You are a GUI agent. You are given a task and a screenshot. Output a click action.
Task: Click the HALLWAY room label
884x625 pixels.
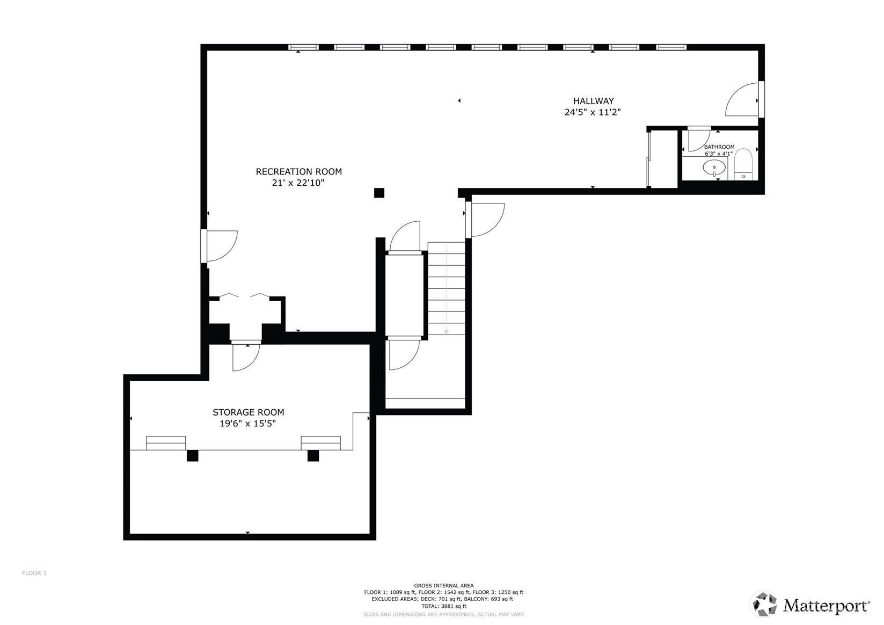[x=593, y=101]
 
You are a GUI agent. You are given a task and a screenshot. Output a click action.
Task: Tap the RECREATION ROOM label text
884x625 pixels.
[x=298, y=172]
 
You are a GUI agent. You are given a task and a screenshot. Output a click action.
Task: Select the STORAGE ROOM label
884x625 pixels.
[x=248, y=412]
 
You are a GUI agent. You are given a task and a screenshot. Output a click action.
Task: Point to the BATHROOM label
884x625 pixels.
[x=719, y=147]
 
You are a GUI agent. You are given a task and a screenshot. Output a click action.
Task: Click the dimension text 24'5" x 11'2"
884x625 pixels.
[x=593, y=112]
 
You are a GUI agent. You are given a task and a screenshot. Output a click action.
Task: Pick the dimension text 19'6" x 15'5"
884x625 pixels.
[x=248, y=424]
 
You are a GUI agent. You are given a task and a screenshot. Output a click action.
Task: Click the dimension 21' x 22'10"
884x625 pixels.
[x=298, y=183]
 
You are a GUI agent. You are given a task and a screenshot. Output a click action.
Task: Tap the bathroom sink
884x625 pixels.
[x=714, y=168]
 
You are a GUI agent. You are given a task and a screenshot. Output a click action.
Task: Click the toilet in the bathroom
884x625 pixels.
[x=743, y=165]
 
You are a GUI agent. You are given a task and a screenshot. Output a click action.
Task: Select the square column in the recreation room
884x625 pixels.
[x=379, y=193]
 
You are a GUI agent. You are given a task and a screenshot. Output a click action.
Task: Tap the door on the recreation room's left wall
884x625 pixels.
[x=220, y=246]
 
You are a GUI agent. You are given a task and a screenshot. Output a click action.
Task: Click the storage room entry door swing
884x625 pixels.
[x=246, y=357]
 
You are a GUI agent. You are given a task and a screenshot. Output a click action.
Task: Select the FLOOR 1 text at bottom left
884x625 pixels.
[x=34, y=573]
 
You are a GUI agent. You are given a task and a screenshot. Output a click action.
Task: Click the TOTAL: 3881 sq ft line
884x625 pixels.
[x=443, y=606]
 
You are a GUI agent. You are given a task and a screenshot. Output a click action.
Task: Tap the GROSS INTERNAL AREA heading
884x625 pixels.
[x=443, y=586]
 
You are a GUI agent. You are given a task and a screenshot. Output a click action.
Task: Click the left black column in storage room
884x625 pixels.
[x=192, y=456]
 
